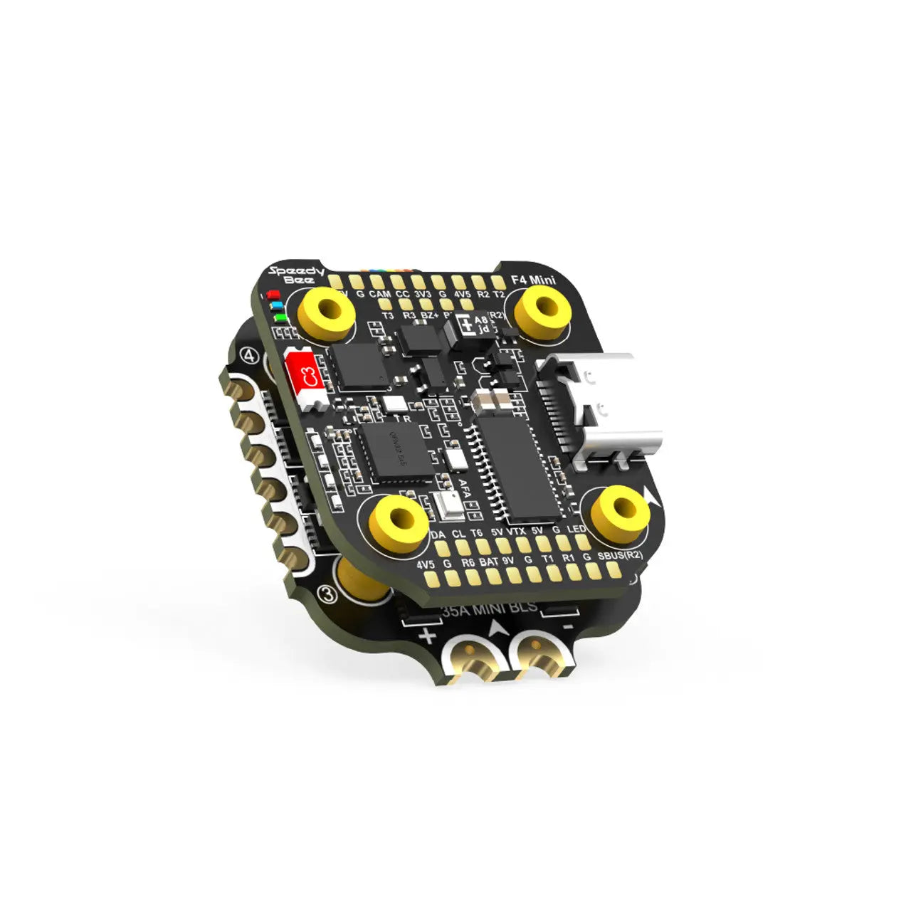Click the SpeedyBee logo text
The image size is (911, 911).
pos(296,274)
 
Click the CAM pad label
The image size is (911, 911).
pos(380,293)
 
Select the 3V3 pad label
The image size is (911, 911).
pos(423,293)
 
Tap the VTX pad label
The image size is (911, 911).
pos(516,531)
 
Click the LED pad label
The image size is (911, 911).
pos(576,530)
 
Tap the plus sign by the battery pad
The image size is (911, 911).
pos(428,636)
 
